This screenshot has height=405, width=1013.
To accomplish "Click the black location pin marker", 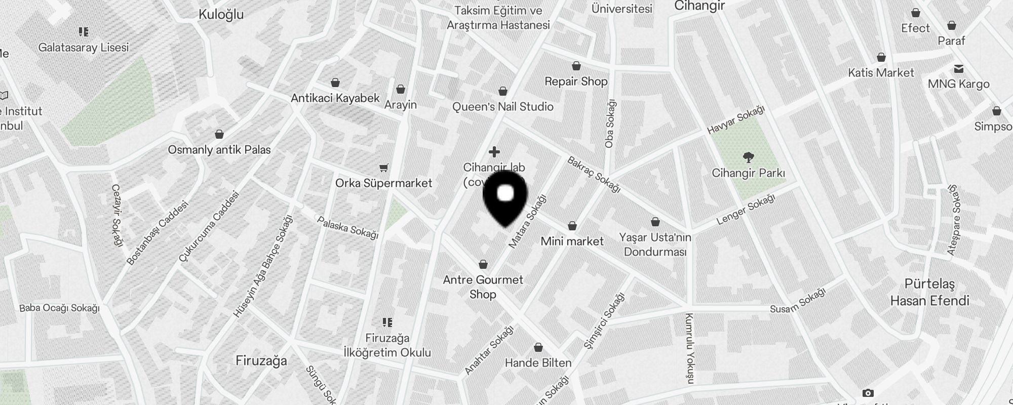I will [505, 197].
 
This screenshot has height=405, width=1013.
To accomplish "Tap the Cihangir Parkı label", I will [748, 173].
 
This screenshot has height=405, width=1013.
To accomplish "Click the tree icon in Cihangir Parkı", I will [748, 157].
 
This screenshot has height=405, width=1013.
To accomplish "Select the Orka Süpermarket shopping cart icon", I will [384, 168].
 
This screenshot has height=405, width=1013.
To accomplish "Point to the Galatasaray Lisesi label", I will [84, 47].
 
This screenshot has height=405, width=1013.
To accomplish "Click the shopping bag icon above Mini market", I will [572, 226].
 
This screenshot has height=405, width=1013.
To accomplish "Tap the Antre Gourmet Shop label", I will [483, 287].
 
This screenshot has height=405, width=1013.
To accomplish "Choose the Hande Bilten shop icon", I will [538, 348].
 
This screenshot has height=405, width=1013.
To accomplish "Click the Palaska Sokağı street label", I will [347, 227].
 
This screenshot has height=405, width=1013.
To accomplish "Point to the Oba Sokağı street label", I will [610, 124].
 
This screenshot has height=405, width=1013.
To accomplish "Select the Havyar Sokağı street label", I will [736, 120].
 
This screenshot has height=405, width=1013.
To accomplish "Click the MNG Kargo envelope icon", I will [958, 69].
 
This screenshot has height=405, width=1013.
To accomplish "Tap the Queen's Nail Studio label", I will [502, 107].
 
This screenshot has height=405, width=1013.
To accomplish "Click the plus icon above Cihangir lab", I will [494, 152].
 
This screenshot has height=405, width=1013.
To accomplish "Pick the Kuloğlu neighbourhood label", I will [221, 14].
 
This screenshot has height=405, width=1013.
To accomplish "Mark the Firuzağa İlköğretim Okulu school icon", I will [387, 322].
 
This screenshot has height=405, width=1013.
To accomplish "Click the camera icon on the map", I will [868, 393].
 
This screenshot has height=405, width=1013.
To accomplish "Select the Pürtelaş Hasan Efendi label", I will [929, 292].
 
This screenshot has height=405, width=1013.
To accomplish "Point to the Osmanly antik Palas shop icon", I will [219, 134].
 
